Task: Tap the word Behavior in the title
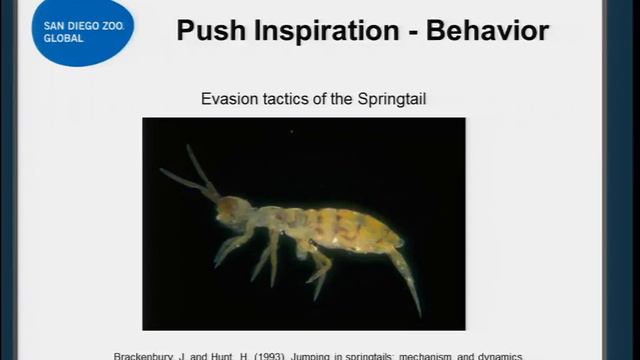488,30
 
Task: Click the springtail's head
235,210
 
